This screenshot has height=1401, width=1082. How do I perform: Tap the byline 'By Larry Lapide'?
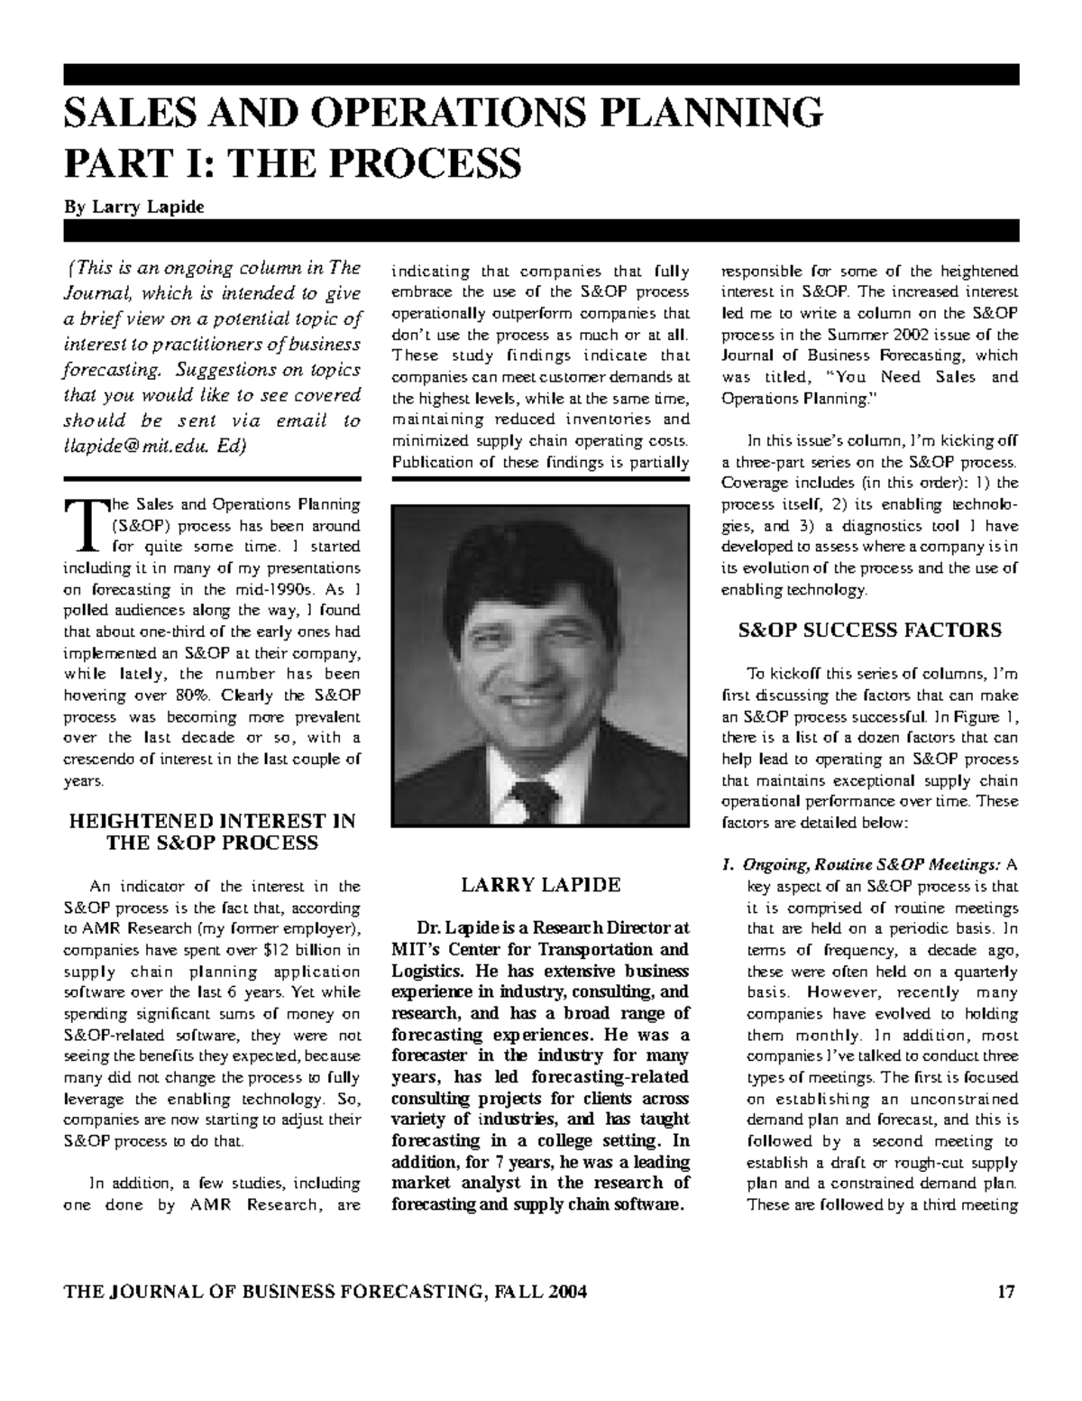point(133,207)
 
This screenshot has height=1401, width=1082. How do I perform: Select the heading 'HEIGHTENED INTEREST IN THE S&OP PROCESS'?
point(212,832)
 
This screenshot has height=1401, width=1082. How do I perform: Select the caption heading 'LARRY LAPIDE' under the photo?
point(540,885)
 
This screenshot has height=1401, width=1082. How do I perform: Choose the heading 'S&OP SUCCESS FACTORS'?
point(869,631)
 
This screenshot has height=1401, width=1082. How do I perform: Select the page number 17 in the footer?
point(1006,1292)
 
